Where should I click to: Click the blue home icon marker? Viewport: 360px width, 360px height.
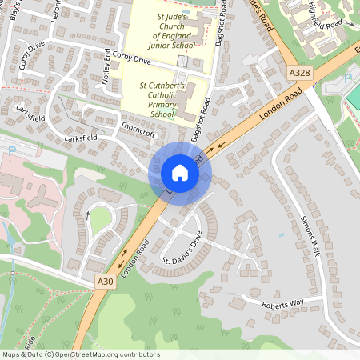tap(180, 172)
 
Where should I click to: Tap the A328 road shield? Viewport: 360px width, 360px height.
tap(298, 73)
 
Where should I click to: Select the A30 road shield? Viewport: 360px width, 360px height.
tap(105, 282)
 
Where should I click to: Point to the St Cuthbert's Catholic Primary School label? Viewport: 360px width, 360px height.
tap(162, 98)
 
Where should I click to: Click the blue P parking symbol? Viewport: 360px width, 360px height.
tap(10, 150)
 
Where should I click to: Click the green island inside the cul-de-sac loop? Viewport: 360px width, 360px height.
tap(100, 221)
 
